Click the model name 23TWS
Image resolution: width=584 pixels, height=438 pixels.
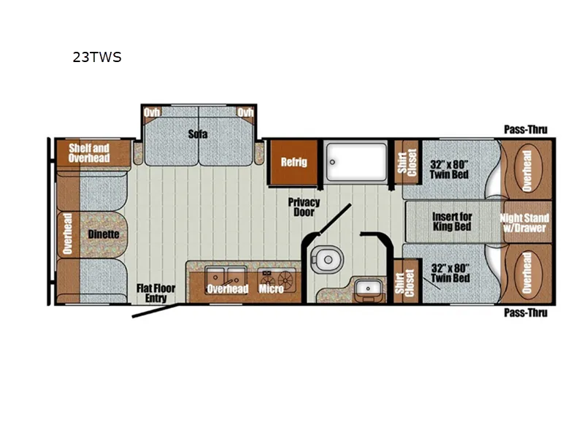[97, 57]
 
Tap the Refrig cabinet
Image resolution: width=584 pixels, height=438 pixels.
[293, 162]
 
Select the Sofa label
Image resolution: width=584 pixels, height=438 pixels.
[197, 134]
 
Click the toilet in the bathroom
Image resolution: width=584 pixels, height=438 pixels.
[325, 259]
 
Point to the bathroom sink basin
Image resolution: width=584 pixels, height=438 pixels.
[368, 288]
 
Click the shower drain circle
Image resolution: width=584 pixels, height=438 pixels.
[332, 162]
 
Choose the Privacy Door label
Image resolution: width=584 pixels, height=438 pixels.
[304, 207]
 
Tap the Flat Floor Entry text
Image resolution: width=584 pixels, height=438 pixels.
[155, 293]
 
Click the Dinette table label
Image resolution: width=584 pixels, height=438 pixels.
[104, 234]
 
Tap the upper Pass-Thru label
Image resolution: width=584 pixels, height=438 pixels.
[526, 130]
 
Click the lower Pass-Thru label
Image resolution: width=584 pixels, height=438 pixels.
[526, 312]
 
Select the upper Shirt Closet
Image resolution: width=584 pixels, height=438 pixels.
[407, 162]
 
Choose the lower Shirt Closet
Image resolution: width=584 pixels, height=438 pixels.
[406, 281]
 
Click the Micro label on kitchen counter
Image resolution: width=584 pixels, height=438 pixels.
[271, 288]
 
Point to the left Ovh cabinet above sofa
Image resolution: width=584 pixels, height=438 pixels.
[151, 113]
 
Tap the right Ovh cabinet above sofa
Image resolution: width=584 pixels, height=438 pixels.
[245, 113]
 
